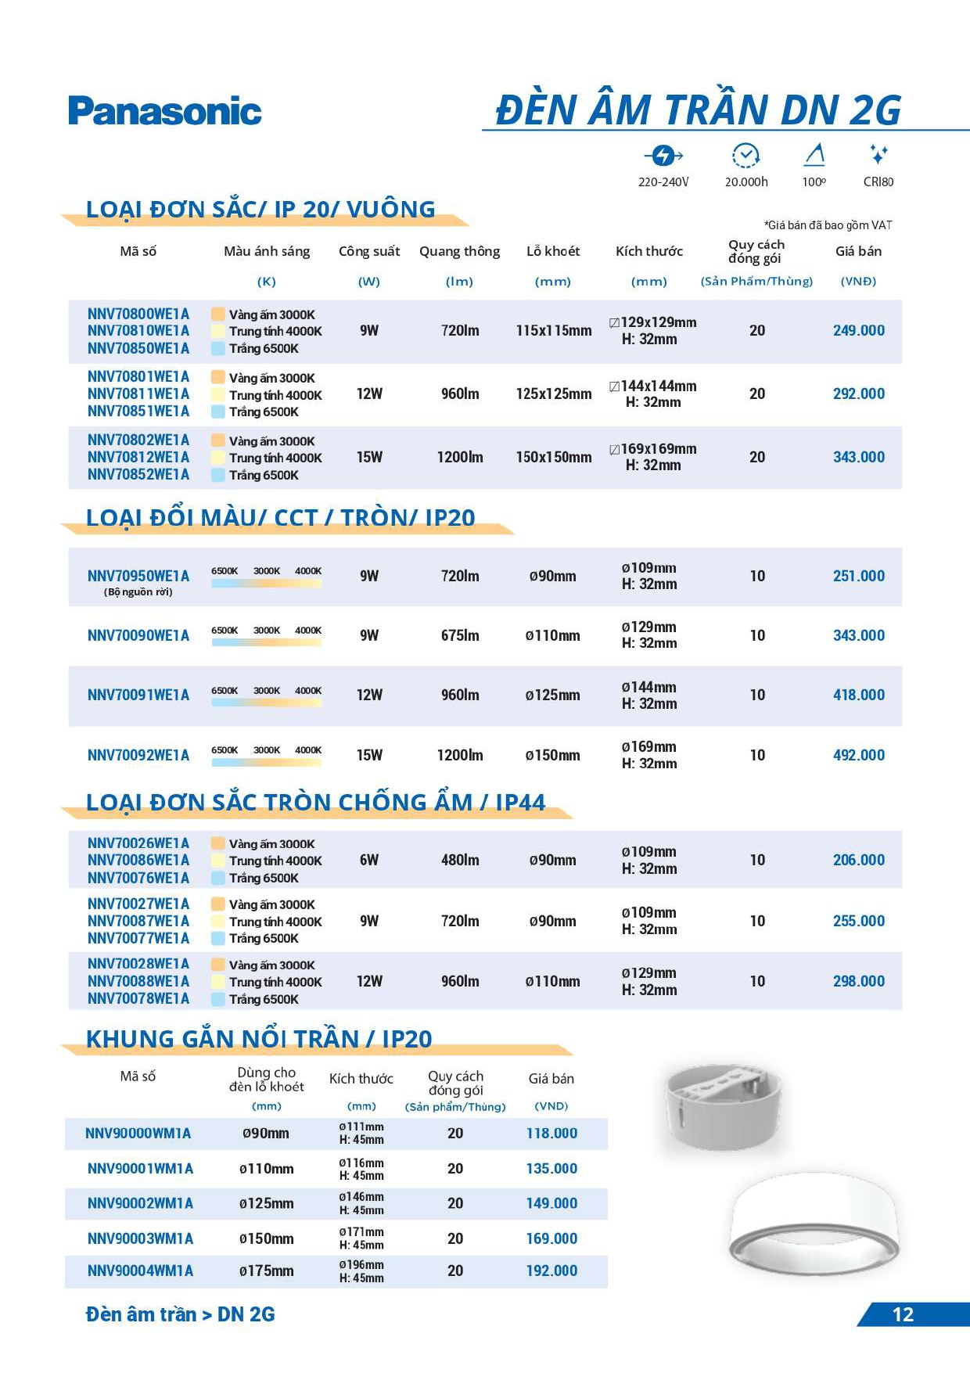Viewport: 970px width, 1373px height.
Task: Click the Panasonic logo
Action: pos(164,111)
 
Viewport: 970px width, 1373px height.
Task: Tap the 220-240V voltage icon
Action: pos(663,156)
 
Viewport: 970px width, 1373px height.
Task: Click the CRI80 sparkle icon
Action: pos(878,154)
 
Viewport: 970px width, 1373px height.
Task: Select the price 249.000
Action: pos(858,330)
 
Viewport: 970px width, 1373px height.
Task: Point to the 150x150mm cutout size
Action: pos(553,457)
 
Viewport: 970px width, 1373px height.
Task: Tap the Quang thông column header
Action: pos(459,251)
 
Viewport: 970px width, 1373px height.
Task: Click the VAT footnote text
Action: pos(828,225)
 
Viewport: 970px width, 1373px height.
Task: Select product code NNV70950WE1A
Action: pos(138,576)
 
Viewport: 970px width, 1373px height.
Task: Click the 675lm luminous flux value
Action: pos(459,635)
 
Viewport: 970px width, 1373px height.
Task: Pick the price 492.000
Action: pos(858,755)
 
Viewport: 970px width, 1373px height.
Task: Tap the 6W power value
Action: pos(369,860)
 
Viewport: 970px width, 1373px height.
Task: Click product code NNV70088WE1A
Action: pos(138,981)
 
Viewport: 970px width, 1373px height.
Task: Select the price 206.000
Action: pos(858,860)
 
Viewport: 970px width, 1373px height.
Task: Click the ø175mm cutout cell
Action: pos(266,1271)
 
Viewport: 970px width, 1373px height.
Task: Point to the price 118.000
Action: pos(551,1133)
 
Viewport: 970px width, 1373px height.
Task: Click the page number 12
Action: pos(903,1314)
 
